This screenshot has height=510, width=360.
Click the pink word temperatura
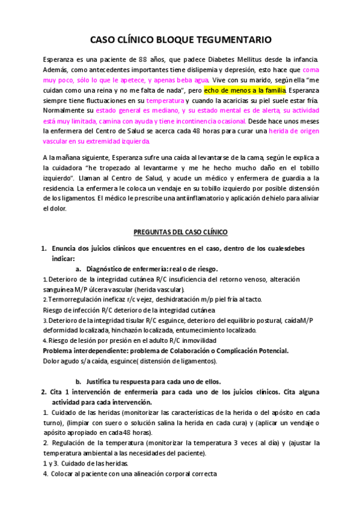[x=165, y=100]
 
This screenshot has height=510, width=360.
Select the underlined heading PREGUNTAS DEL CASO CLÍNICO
[x=180, y=232]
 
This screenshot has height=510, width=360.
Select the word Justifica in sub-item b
[x=102, y=381]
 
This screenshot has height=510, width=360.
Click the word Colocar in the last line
[x=64, y=473]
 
